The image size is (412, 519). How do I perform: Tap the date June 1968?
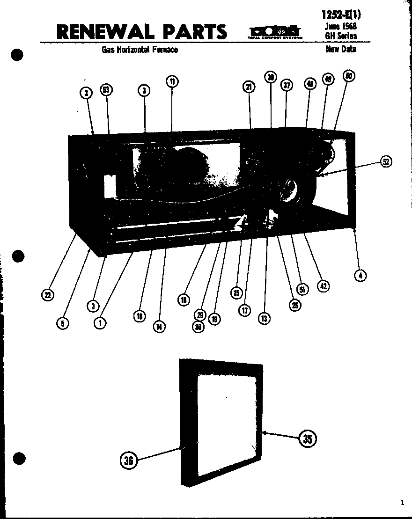(340, 27)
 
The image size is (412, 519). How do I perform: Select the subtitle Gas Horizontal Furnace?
(140, 50)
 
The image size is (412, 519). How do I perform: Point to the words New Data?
(340, 49)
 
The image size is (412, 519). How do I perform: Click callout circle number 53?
(107, 89)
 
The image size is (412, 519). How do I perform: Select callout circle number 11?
(172, 81)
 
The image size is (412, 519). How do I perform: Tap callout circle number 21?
(249, 87)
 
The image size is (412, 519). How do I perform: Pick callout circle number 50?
(349, 76)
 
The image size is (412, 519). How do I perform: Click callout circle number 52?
(385, 162)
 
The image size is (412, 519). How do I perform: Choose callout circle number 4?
(360, 275)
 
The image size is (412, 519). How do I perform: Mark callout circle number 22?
(48, 294)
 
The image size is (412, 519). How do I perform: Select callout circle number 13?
(264, 319)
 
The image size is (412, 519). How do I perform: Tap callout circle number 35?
(307, 439)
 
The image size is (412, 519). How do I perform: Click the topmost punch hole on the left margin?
(17, 54)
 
